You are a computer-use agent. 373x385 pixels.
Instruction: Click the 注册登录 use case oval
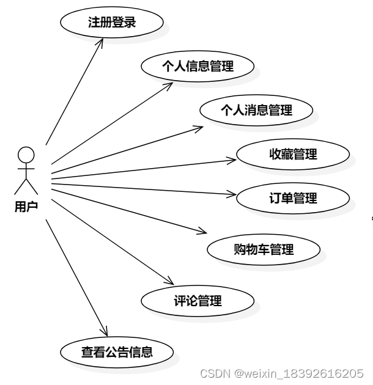(x=111, y=23)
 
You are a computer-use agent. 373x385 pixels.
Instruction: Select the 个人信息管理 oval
(x=198, y=67)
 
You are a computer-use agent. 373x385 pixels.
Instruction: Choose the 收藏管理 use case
(x=293, y=155)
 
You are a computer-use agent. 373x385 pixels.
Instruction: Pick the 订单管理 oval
(x=293, y=199)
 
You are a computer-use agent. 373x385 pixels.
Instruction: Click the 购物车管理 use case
(x=264, y=249)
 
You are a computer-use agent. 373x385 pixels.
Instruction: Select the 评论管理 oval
(x=198, y=301)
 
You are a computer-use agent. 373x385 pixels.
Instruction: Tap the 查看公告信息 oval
(x=117, y=352)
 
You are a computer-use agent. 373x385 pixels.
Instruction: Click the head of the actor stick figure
(x=26, y=155)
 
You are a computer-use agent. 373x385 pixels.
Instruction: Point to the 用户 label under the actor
(x=26, y=207)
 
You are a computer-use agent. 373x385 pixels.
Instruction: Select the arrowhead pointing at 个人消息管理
(x=200, y=128)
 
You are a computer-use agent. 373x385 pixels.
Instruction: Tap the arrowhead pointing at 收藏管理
(x=233, y=159)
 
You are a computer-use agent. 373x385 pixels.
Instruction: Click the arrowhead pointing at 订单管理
(x=232, y=195)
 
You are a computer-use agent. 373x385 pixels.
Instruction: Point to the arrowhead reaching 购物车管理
(x=204, y=232)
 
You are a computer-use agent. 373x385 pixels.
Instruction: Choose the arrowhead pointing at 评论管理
(x=171, y=281)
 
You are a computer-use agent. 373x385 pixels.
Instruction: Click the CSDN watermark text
(x=282, y=373)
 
